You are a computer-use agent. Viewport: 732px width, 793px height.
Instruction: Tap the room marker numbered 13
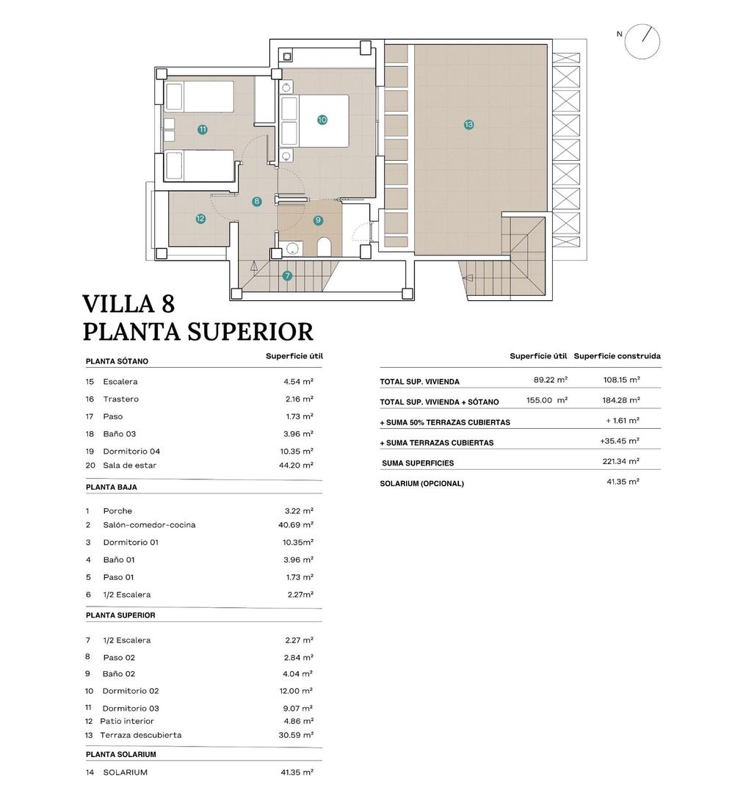(x=469, y=125)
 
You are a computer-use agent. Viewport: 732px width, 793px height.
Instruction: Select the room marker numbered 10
(x=322, y=120)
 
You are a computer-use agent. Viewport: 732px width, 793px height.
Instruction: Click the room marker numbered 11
(x=203, y=129)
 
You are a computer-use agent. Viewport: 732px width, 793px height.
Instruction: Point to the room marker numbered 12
(x=200, y=219)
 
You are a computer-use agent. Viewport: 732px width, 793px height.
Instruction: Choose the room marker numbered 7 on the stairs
(x=287, y=276)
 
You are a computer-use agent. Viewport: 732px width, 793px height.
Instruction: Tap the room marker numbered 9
(x=318, y=220)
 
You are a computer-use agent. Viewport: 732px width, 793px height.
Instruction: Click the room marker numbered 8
(x=256, y=200)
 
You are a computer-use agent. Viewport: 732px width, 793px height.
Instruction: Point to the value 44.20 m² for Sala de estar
(x=298, y=465)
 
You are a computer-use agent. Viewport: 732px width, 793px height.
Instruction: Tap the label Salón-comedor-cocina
(x=149, y=525)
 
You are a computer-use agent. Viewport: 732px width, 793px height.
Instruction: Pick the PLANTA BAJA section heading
(x=112, y=487)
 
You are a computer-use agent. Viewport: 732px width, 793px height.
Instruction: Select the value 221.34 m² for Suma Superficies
(x=620, y=462)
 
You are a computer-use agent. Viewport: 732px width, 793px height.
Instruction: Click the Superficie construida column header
(x=617, y=356)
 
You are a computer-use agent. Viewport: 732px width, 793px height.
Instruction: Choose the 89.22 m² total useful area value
(x=551, y=380)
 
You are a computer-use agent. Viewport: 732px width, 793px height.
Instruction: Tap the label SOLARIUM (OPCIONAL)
(x=422, y=484)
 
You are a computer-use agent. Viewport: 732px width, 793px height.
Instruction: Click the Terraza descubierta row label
(x=141, y=735)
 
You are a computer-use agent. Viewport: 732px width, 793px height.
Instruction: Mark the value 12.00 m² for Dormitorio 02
(x=298, y=691)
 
